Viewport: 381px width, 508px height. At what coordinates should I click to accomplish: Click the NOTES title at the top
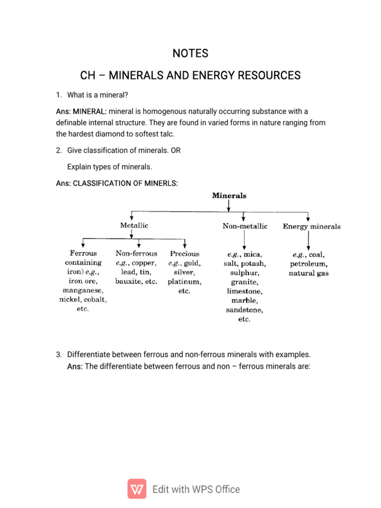click(x=190, y=53)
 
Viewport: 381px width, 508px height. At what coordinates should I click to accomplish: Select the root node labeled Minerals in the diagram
click(x=229, y=195)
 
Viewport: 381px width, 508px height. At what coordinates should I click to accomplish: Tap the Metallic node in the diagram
click(x=134, y=225)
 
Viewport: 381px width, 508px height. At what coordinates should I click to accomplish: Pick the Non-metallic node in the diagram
click(x=245, y=226)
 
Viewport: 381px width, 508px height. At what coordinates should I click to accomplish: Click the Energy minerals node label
click(x=312, y=227)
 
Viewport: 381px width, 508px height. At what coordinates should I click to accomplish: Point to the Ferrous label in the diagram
click(x=83, y=253)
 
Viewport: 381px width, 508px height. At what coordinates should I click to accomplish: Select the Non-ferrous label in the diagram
click(x=136, y=253)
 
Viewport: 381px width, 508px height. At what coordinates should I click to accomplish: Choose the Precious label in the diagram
click(x=184, y=253)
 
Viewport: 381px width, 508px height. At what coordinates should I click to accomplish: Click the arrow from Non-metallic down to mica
click(x=245, y=241)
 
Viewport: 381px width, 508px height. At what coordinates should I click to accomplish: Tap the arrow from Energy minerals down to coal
click(x=309, y=241)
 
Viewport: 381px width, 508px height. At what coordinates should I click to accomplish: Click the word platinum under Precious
click(x=184, y=282)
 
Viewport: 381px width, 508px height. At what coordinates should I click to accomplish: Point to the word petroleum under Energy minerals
click(x=308, y=263)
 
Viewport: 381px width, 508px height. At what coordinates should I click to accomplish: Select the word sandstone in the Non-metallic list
click(x=244, y=310)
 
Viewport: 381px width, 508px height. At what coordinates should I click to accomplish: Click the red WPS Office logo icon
click(x=137, y=489)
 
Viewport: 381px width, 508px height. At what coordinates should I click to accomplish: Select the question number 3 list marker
click(x=58, y=355)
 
